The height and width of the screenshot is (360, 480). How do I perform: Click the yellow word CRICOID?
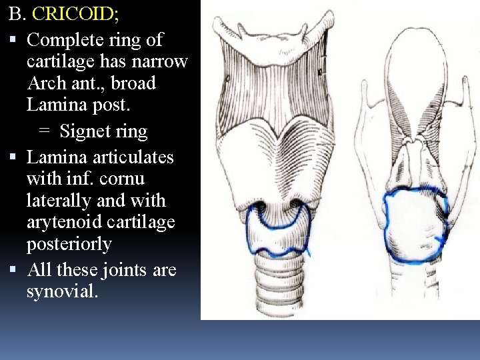coord(74,13)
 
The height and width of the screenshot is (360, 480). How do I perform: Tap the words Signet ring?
coord(103,131)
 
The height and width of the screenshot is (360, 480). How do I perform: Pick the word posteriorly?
coord(69,244)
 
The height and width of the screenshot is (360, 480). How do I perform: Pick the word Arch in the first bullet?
coord(48,83)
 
